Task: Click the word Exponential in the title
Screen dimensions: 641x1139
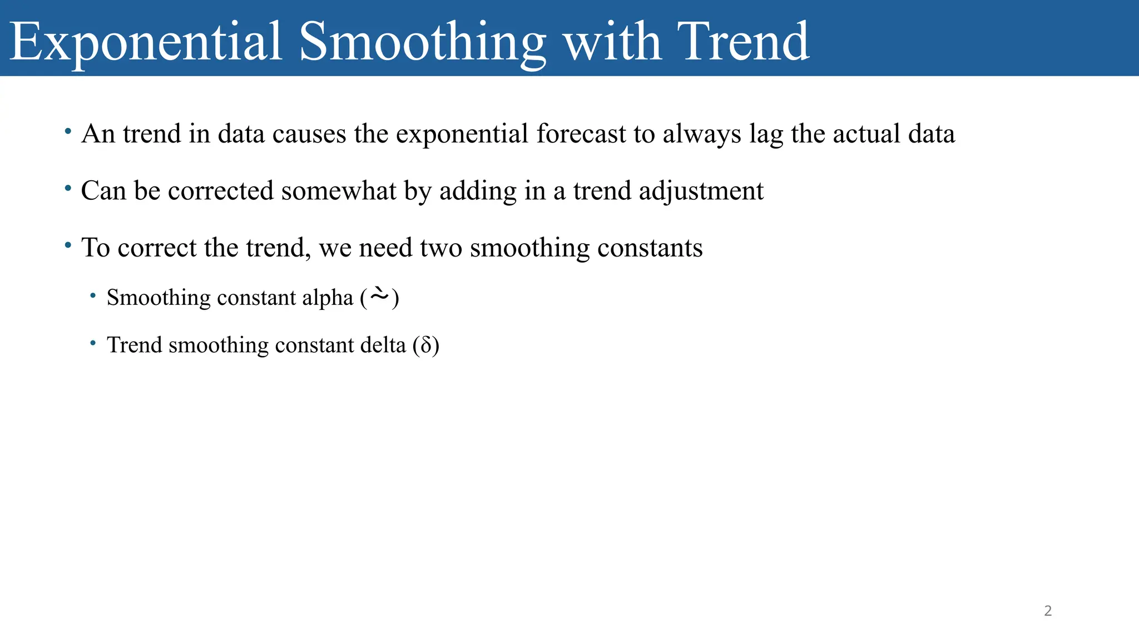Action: [x=146, y=42]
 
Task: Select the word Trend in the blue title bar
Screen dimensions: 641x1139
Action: [x=743, y=41]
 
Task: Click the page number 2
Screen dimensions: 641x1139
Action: [x=1048, y=611]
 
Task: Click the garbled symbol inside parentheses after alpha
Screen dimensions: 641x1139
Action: [x=379, y=295]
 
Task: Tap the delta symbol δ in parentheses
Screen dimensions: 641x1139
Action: [x=426, y=346]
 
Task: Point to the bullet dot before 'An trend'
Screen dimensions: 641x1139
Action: [x=68, y=132]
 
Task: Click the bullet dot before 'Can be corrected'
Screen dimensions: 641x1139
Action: [x=68, y=189]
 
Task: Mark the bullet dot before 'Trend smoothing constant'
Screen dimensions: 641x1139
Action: [x=93, y=343]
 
